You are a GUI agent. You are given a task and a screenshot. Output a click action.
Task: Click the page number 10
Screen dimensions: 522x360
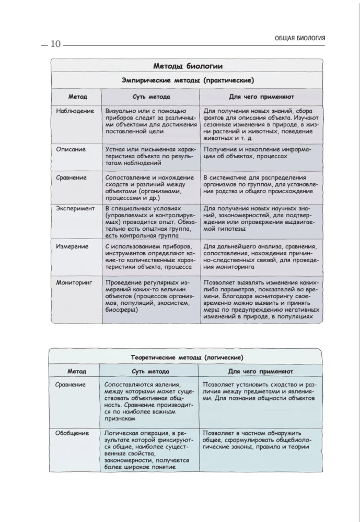55,44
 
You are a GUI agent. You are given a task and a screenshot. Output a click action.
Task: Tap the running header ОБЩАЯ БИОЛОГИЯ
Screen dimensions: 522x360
300,38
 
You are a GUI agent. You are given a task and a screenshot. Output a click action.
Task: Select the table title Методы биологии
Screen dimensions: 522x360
188,66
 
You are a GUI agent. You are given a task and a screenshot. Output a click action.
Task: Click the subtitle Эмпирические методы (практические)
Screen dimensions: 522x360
188,80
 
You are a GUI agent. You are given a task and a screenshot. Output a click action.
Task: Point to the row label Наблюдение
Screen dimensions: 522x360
75,111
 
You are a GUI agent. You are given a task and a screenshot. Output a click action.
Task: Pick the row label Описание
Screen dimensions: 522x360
71,149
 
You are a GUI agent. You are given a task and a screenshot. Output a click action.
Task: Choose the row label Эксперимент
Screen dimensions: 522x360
75,208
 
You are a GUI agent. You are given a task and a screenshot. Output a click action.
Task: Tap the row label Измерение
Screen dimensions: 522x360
73,246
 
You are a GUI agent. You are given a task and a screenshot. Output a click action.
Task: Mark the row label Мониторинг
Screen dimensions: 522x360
74,282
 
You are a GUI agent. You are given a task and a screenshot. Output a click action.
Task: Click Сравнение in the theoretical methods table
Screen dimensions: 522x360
71,385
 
